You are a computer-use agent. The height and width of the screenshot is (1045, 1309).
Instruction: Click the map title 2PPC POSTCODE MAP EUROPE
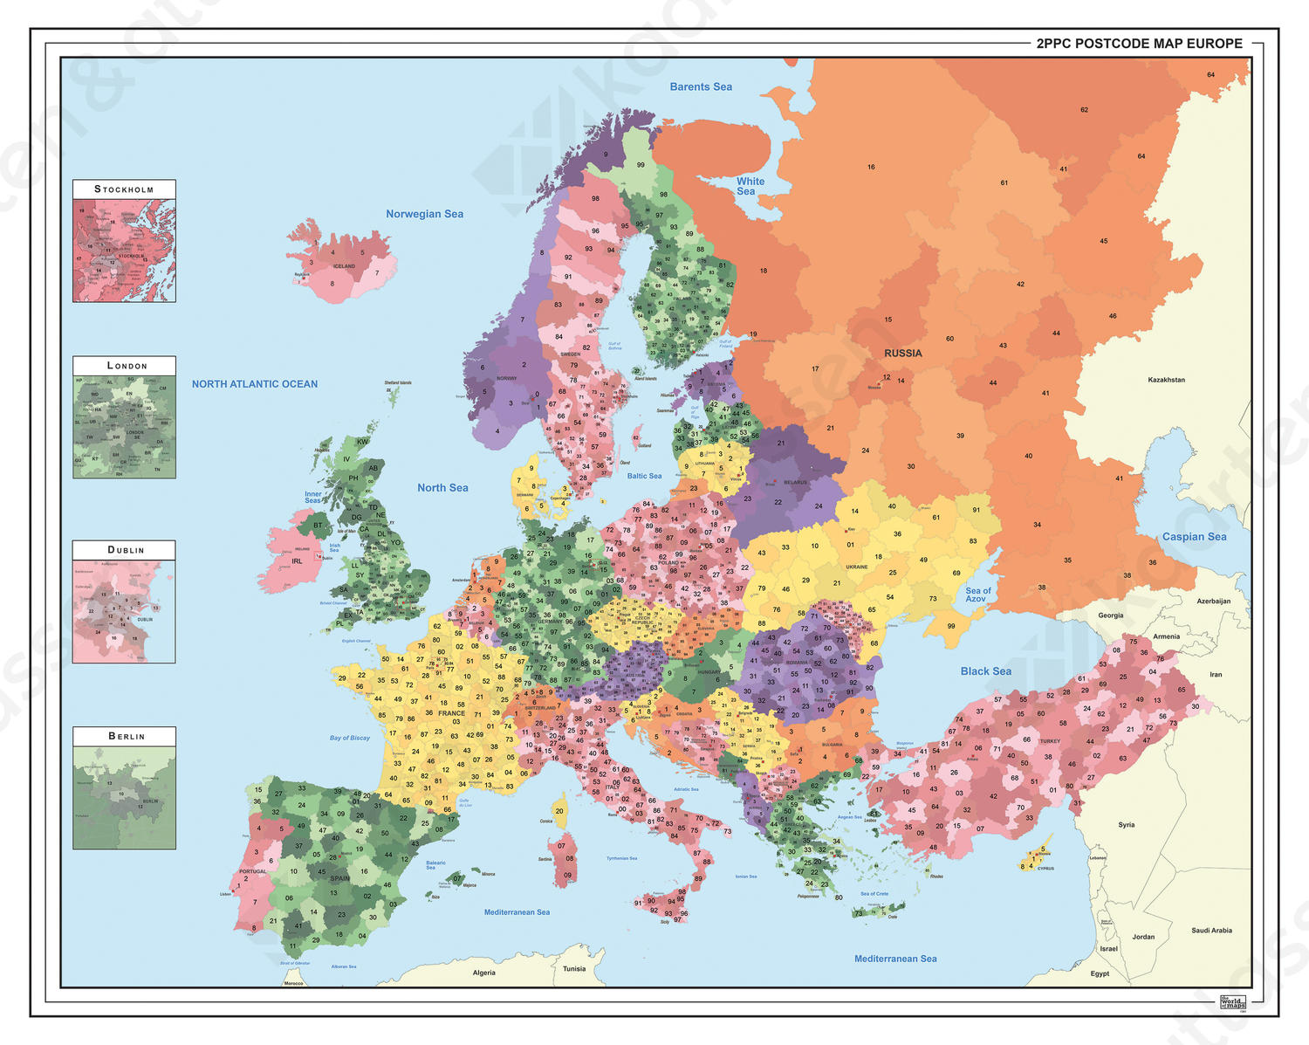1139,44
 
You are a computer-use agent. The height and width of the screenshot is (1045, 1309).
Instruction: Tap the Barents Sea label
701,86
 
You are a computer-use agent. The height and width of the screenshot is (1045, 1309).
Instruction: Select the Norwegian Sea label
424,214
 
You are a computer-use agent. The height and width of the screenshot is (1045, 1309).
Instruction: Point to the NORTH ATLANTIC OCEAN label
255,384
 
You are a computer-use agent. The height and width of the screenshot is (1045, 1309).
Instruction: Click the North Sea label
442,488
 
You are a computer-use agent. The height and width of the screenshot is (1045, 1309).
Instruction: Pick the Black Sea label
986,671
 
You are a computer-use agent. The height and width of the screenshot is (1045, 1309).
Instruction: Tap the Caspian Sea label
1194,537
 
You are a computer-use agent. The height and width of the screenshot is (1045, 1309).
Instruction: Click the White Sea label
750,186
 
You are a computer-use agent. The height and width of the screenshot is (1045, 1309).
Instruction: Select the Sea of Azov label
977,595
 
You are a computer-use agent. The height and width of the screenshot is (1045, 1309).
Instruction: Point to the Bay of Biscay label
349,738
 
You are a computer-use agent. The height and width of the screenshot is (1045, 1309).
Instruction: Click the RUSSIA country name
902,354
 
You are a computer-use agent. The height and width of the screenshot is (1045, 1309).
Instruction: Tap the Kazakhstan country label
1166,380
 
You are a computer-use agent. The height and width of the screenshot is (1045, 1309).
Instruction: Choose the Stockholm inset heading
124,189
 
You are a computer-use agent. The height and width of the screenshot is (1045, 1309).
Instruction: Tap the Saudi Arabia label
1211,931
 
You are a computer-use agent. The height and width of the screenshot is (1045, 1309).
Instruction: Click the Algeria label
483,973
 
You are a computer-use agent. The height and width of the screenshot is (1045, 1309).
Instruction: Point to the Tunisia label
574,969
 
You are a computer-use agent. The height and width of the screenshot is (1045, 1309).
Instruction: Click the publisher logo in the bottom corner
1232,1003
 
